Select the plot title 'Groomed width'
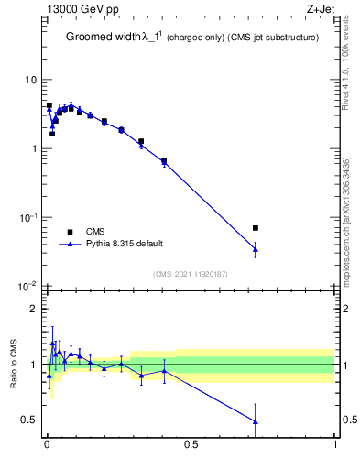[x=103, y=38]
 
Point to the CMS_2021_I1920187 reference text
[x=189, y=274]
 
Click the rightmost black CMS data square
[x=256, y=227]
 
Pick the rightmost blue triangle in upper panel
[x=256, y=248]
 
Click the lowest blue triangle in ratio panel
[x=256, y=421]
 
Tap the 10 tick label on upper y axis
[x=30, y=81]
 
